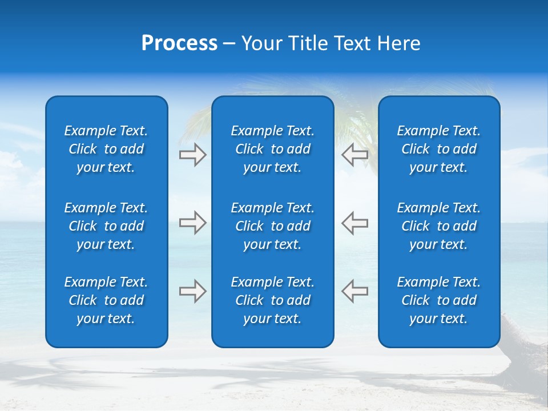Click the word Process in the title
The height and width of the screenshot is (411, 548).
click(179, 43)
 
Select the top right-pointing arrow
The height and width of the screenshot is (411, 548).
click(193, 155)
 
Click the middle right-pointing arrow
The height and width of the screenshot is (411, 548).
click(193, 223)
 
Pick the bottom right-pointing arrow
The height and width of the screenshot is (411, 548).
click(193, 291)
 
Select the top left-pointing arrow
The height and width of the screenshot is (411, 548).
click(354, 155)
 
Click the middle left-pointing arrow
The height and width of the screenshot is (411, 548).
click(354, 223)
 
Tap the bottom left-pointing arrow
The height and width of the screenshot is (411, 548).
click(354, 291)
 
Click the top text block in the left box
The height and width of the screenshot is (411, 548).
click(106, 149)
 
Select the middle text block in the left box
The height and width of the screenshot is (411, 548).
click(106, 226)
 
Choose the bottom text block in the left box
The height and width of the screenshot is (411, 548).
click(106, 300)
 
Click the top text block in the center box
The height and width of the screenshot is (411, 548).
click(272, 149)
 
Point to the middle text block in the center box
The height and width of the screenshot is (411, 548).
click(272, 226)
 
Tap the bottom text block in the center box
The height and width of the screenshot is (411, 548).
click(272, 300)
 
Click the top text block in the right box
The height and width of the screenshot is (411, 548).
click(438, 149)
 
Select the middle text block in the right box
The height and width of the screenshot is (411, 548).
click(438, 226)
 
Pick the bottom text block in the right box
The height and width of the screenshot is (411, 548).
click(438, 300)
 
